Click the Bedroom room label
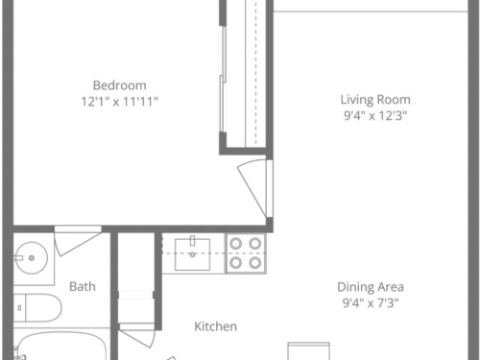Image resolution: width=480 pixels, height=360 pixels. point(120,85)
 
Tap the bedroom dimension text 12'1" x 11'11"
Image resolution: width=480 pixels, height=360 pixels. point(120,102)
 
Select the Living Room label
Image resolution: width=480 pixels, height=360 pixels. point(375,100)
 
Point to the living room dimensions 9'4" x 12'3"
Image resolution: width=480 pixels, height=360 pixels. point(375,115)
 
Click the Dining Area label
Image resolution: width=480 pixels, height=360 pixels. point(371,287)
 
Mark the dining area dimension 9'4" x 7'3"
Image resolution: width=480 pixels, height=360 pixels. point(371,302)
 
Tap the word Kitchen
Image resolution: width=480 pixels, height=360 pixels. point(216,326)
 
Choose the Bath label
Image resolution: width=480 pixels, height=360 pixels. point(83,286)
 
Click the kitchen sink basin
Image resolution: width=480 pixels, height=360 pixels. point(192,254)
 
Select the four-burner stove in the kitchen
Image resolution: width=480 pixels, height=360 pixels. point(246,253)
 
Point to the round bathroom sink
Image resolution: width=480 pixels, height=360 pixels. point(32,258)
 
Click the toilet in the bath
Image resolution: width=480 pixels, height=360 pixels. point(37,308)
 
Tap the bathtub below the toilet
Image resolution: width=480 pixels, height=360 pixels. point(60,347)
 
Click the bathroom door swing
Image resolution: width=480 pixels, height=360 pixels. point(78,241)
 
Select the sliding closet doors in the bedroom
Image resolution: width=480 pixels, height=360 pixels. point(223,80)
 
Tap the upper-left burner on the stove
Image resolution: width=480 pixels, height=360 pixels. point(236,244)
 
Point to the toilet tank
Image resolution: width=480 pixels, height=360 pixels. point(19,308)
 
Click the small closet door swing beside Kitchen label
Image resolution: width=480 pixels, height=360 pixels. point(137,335)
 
